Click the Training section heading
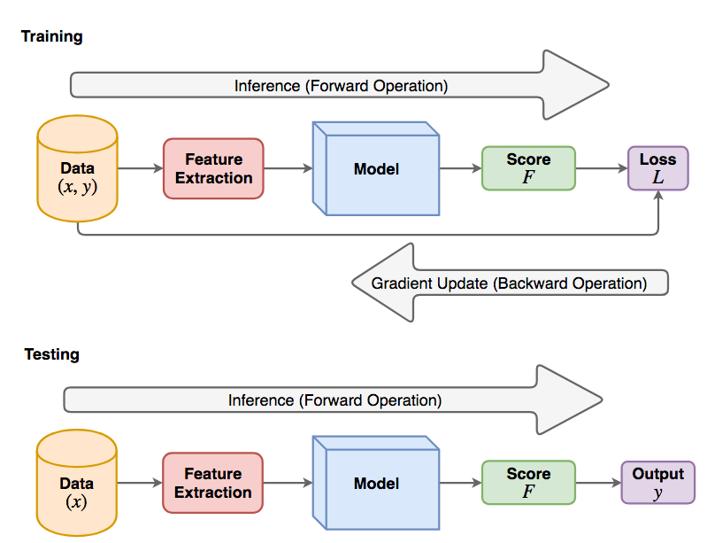pos(52,36)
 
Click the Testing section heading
pos(52,354)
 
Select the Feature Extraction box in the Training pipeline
pos(213,168)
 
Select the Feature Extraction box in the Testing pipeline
pos(213,483)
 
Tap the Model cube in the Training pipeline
pos(376,169)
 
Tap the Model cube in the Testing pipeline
pos(376,483)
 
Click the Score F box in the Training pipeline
pos(528,168)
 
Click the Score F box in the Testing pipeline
pos(528,483)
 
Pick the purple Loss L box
pos(657,168)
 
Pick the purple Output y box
pos(657,483)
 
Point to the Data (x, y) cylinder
pos(78,168)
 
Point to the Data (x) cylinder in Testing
pos(77,483)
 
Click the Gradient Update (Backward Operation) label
pos(509,283)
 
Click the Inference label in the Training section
pos(342,86)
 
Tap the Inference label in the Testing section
pos(335,400)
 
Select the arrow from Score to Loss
pos(602,168)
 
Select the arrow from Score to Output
pos(598,483)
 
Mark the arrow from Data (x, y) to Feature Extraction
pos(141,168)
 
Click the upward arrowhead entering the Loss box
pos(658,195)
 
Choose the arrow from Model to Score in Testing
pos(460,483)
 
